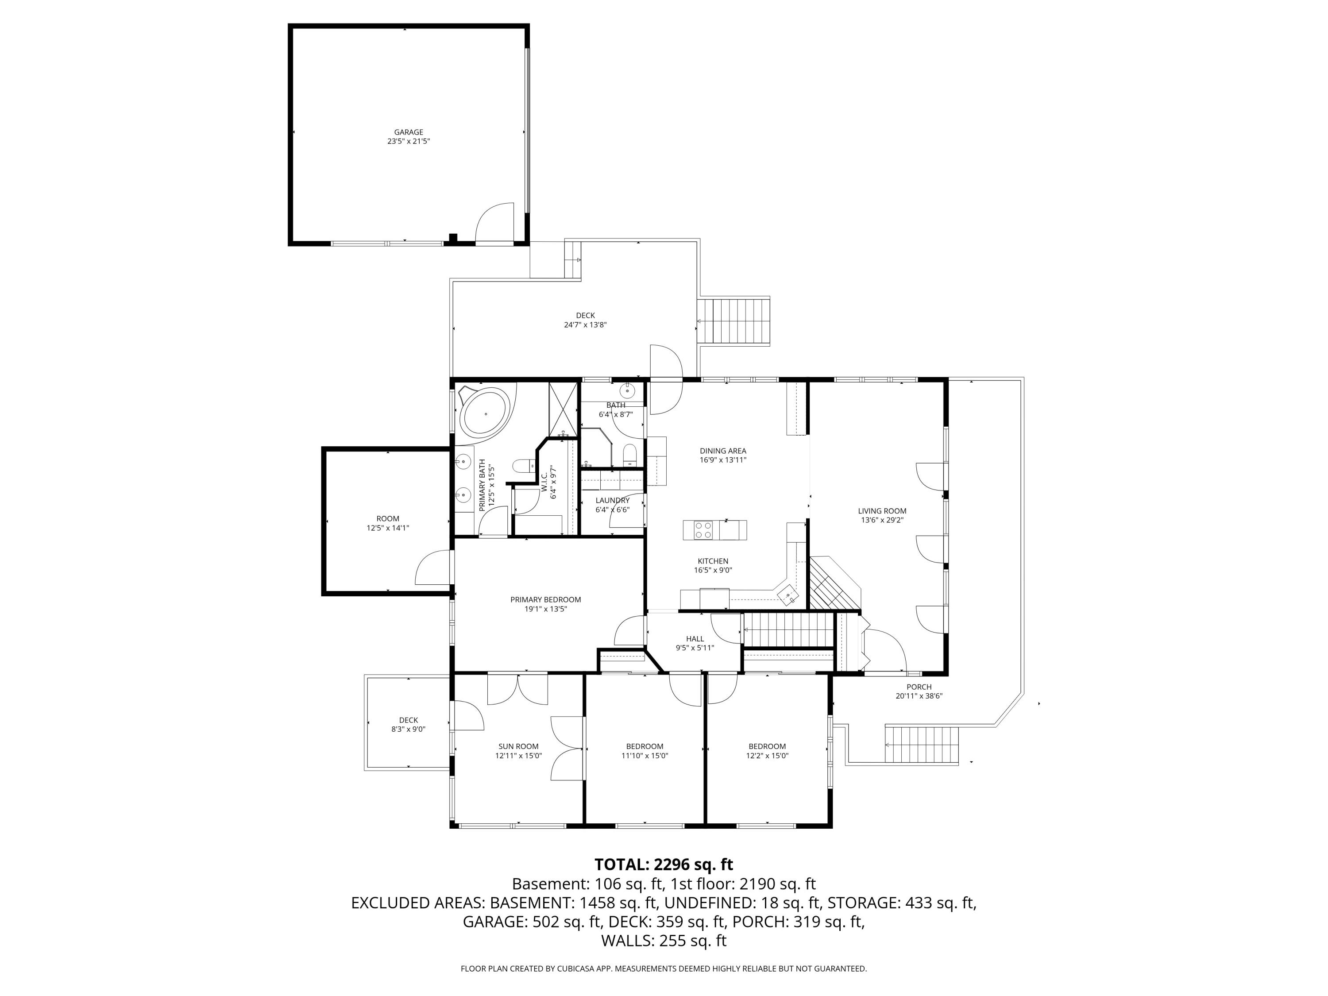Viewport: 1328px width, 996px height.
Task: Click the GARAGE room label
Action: (408, 132)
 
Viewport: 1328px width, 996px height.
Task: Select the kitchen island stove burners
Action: (703, 530)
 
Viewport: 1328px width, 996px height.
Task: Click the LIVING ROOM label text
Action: (881, 511)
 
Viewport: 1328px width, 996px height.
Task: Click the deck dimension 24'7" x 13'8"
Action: (585, 325)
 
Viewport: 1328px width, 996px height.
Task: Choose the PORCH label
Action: (919, 687)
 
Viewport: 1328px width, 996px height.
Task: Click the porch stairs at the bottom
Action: (922, 745)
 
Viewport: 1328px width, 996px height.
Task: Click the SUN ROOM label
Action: (518, 746)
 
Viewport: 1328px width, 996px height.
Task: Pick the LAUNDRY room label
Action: (612, 500)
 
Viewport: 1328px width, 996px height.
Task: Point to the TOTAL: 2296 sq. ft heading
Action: (664, 865)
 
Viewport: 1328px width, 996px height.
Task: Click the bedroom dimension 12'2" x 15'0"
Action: (767, 756)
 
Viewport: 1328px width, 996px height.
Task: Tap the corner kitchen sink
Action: (788, 595)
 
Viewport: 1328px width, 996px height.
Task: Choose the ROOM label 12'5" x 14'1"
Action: (387, 519)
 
